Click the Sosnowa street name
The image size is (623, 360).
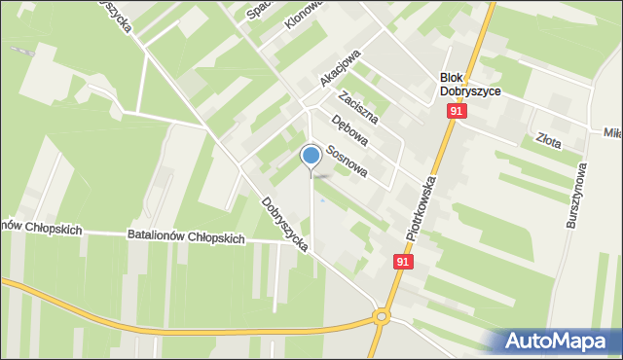(346, 161)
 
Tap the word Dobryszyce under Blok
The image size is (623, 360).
(470, 92)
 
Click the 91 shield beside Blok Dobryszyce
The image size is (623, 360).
(456, 113)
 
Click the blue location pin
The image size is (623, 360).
(311, 157)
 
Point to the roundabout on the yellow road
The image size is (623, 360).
(381, 317)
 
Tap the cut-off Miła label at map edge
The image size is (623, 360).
(612, 131)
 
